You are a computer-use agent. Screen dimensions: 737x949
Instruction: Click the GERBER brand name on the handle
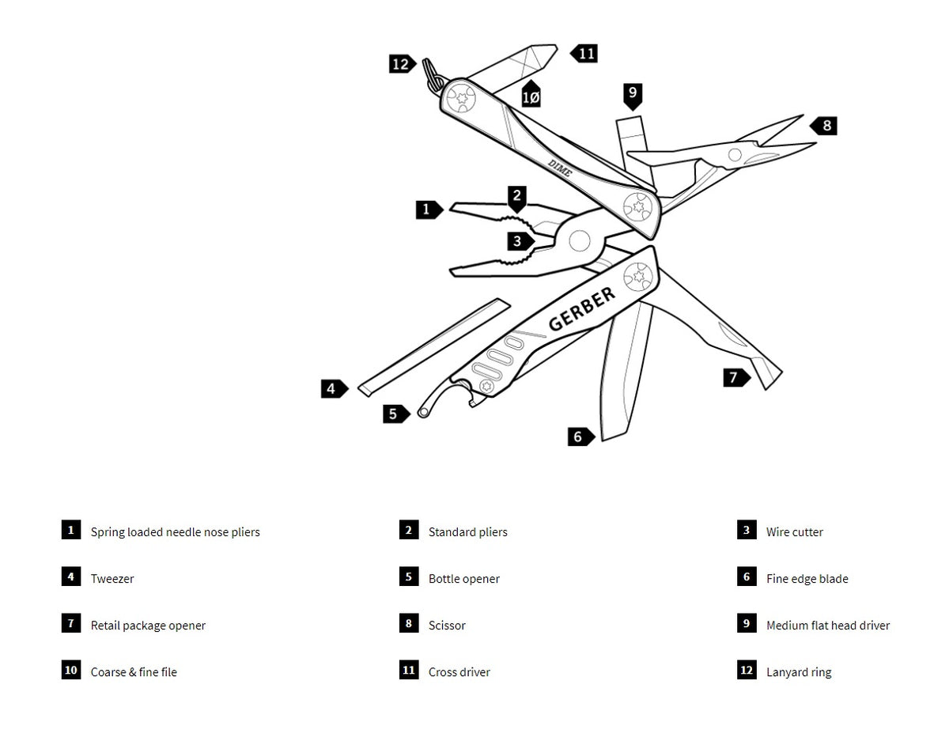click(x=581, y=309)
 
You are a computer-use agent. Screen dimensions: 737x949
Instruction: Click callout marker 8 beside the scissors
click(x=825, y=125)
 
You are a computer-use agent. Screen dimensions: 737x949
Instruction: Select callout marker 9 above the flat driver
click(x=632, y=95)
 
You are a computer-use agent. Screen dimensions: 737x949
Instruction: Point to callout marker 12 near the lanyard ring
click(x=401, y=64)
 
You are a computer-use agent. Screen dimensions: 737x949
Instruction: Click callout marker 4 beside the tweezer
click(x=333, y=388)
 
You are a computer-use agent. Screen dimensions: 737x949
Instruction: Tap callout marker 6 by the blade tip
click(x=580, y=437)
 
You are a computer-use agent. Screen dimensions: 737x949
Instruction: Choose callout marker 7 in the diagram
click(x=735, y=377)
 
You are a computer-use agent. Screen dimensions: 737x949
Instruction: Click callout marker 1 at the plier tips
click(x=428, y=210)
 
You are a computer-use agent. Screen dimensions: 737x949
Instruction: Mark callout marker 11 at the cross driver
click(x=585, y=54)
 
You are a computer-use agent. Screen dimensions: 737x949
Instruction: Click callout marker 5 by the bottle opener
click(x=394, y=414)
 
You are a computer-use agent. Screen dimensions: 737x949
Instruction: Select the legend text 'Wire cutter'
click(x=794, y=532)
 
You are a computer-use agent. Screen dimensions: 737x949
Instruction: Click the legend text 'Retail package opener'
click(x=148, y=626)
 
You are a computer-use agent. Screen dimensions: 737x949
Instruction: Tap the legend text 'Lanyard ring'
click(x=799, y=672)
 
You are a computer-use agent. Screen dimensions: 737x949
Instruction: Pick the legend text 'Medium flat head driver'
click(x=828, y=626)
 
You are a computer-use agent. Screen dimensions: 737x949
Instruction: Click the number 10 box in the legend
click(x=71, y=671)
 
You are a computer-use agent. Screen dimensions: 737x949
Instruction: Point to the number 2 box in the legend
click(x=409, y=531)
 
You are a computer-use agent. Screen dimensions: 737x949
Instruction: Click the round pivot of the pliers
click(x=579, y=240)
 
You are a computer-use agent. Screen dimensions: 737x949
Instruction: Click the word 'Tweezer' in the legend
click(x=112, y=579)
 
